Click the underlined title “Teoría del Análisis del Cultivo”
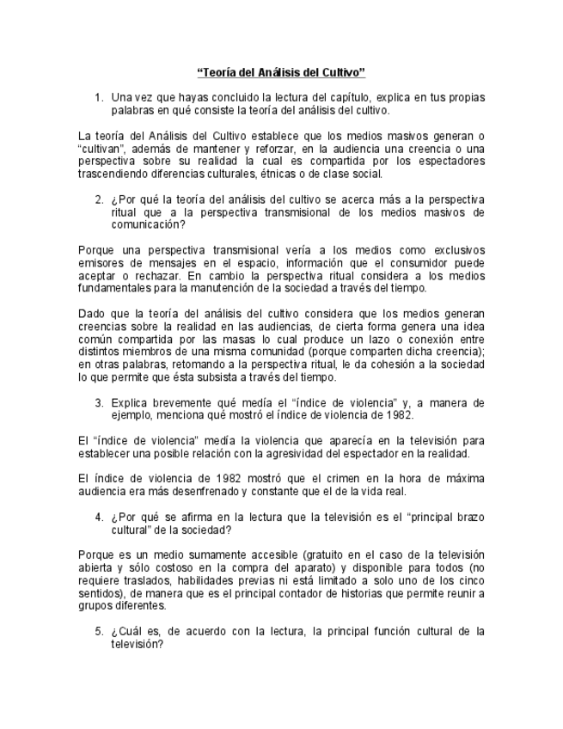coord(281,73)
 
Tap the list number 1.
coord(98,98)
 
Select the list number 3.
coord(98,402)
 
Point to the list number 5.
coord(98,632)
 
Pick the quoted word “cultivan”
coord(102,149)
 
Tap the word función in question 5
coord(388,632)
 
